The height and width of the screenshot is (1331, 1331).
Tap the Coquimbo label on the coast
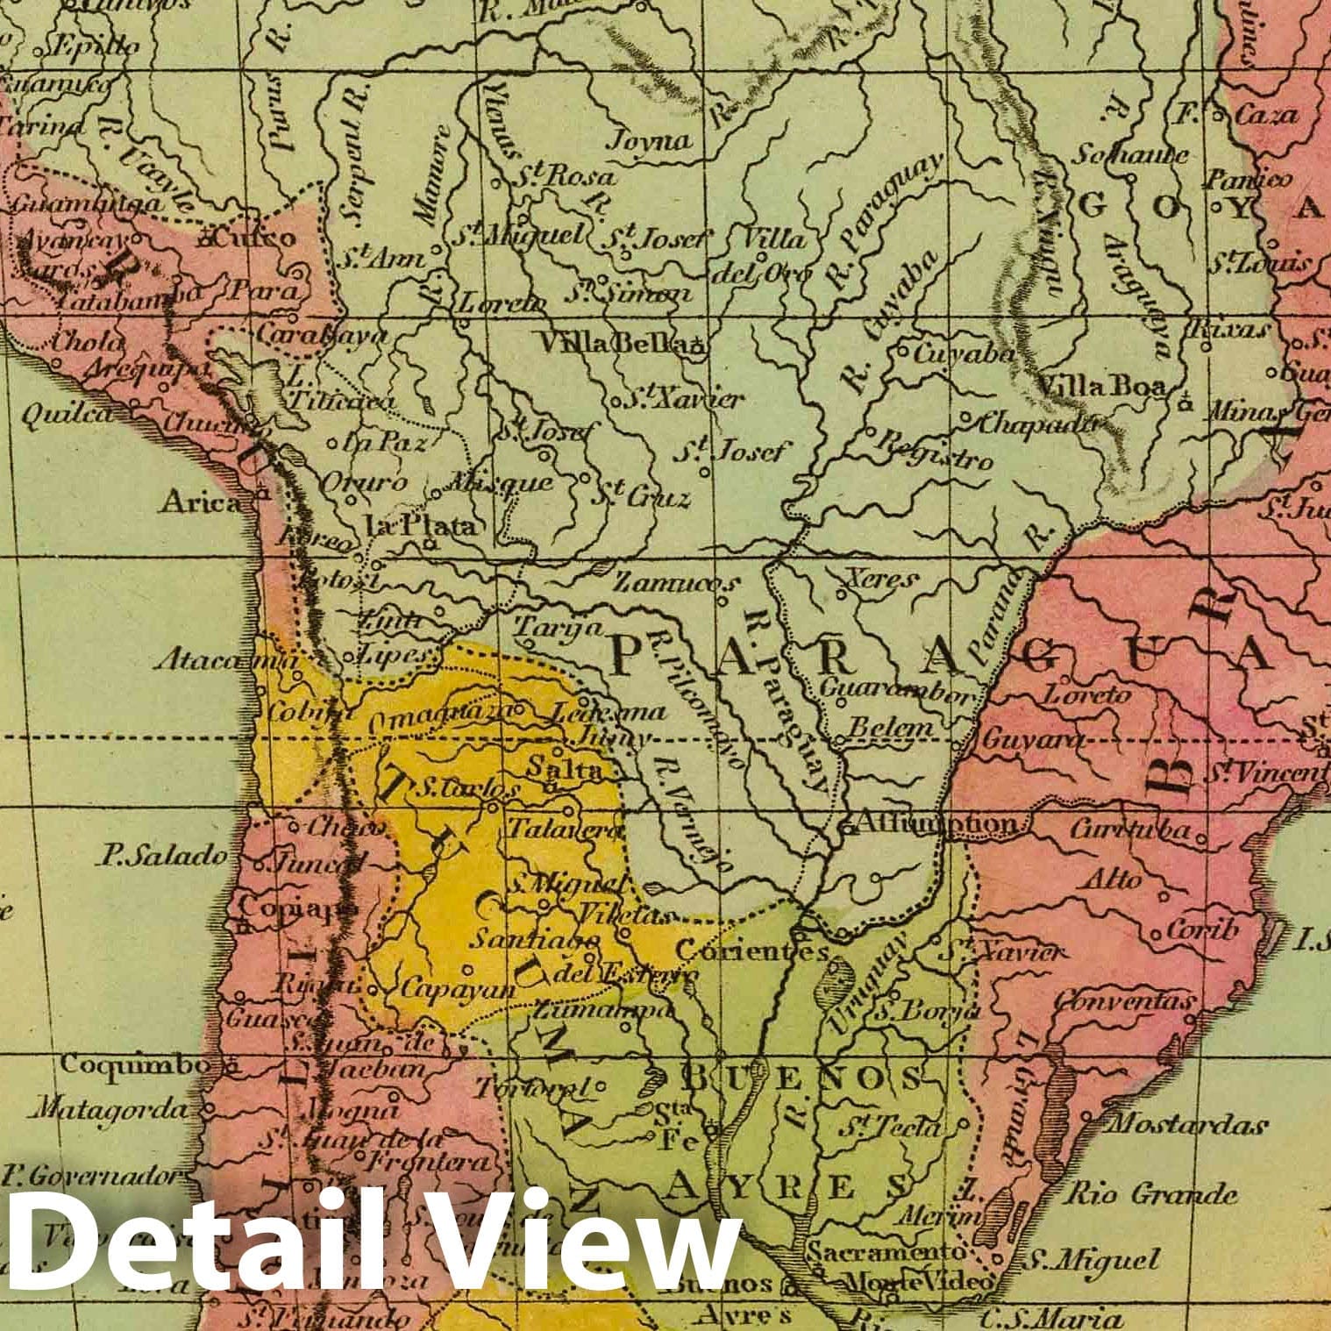point(135,1065)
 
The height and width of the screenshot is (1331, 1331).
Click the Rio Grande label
point(1151,1194)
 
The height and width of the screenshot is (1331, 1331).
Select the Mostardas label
point(1186,1125)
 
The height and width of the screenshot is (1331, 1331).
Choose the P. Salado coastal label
point(164,856)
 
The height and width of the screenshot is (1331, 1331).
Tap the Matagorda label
point(108,1110)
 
